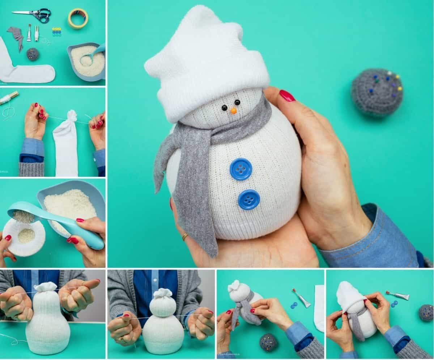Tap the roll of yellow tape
(x=78, y=18)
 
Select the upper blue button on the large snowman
(x=241, y=169)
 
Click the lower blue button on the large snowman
(x=249, y=199)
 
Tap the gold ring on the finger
(x=185, y=237)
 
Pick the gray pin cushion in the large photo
(x=377, y=92)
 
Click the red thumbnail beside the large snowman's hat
(x=287, y=95)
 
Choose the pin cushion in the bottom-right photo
(x=426, y=312)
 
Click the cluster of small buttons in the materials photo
(x=56, y=32)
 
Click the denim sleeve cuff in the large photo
(x=376, y=239)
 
